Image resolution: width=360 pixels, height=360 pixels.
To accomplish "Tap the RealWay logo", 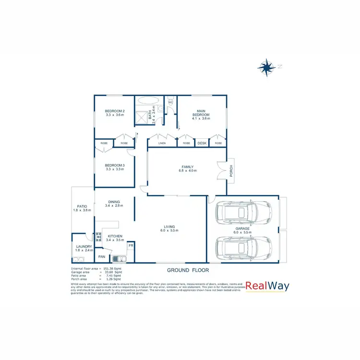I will (268, 287).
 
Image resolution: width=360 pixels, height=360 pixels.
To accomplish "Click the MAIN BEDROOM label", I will (201, 113).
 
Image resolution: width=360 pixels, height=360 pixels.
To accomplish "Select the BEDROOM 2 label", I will (114, 113).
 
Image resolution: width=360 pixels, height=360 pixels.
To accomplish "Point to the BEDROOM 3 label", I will (114, 167).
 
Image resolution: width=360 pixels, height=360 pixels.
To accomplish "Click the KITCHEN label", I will (115, 237).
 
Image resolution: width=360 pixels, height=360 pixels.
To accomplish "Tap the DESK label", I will (202, 143).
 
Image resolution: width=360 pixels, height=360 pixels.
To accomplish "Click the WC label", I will (170, 102).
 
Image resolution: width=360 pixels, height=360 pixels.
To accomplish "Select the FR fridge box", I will (130, 246).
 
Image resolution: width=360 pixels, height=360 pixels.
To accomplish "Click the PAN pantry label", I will (102, 257).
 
